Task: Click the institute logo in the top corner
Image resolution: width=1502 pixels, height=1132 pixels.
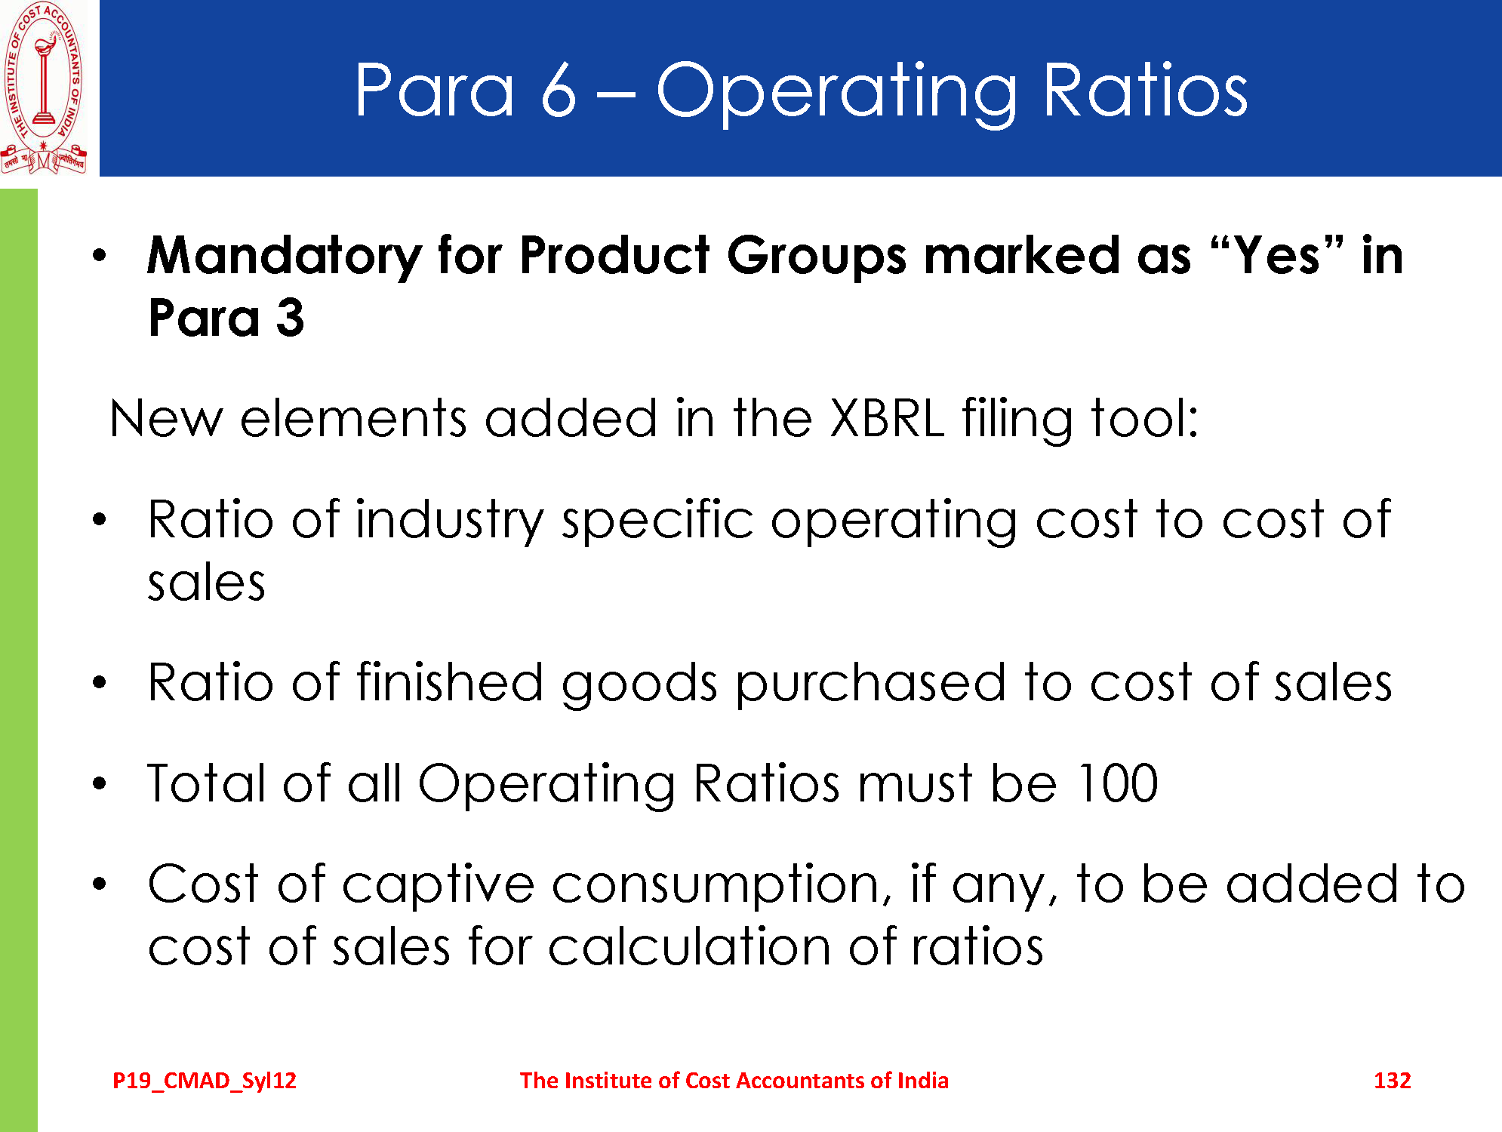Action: [45, 88]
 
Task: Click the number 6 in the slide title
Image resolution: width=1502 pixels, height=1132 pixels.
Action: [559, 91]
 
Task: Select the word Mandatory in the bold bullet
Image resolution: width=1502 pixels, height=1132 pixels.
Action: [284, 257]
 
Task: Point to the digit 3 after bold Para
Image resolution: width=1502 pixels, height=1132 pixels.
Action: [290, 318]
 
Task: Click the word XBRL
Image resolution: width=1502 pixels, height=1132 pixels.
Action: [886, 418]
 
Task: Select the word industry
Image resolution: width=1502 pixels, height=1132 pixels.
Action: [450, 521]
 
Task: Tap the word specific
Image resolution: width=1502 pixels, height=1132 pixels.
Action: [657, 521]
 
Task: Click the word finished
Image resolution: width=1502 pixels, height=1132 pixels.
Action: [450, 682]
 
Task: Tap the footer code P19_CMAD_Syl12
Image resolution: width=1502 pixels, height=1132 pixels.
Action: [205, 1081]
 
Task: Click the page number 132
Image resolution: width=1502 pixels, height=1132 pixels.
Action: [1392, 1081]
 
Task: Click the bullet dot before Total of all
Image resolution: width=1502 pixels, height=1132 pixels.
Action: [100, 783]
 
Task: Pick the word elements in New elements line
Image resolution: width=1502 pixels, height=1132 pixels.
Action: [353, 418]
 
